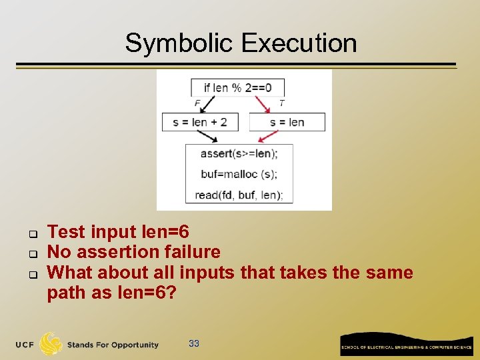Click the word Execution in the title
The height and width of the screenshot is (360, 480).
(x=299, y=43)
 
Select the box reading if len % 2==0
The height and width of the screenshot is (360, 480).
(x=237, y=87)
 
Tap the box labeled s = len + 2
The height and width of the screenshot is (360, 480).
(x=199, y=122)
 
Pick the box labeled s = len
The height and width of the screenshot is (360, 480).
(x=287, y=122)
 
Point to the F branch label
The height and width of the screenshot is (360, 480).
(x=197, y=103)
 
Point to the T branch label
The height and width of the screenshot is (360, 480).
(x=281, y=103)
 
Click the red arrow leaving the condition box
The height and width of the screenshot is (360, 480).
(x=262, y=105)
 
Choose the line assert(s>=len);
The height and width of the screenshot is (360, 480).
(x=239, y=153)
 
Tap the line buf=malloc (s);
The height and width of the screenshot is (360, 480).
(x=238, y=174)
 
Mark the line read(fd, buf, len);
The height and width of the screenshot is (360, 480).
(x=239, y=195)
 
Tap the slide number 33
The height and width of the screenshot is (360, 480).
(x=194, y=343)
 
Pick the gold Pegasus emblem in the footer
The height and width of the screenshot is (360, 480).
(x=51, y=344)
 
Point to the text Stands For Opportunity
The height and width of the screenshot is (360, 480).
(x=113, y=345)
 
